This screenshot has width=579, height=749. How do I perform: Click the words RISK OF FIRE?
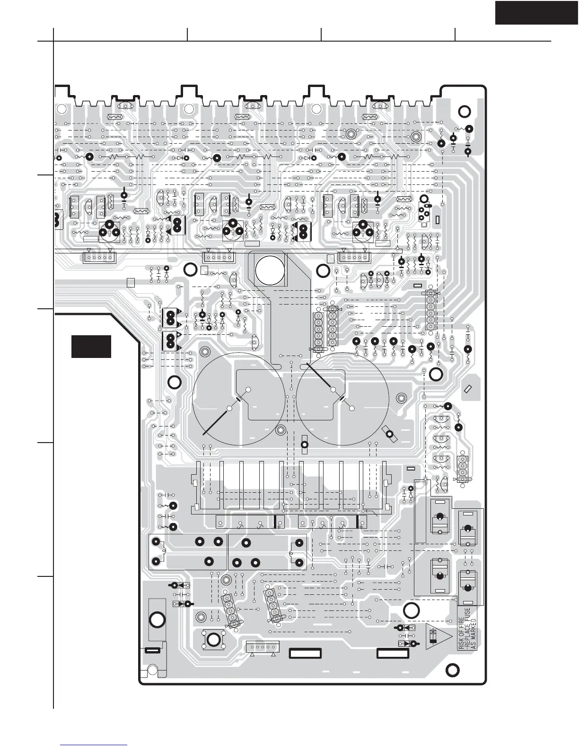[x=462, y=628]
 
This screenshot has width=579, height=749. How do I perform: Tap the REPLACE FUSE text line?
[x=467, y=628]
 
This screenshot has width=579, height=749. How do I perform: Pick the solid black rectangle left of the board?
[x=91, y=347]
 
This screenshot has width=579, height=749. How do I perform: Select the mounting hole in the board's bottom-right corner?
[x=452, y=670]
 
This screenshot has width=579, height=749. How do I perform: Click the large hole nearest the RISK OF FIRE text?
[x=411, y=610]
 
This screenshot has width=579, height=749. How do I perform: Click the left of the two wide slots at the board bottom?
[x=305, y=654]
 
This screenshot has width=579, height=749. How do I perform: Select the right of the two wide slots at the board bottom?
[x=392, y=654]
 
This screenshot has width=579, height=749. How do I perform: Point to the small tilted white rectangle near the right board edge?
[x=468, y=389]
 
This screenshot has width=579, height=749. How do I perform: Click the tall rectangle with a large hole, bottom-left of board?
[x=157, y=620]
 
